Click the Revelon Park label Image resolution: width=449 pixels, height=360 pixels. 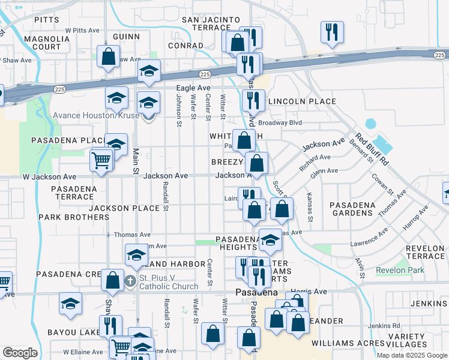coord(400,270)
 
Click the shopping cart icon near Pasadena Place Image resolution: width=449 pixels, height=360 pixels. coord(101,160)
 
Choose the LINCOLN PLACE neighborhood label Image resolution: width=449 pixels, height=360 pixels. coord(302,101)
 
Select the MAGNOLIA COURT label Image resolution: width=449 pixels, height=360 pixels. coord(43,43)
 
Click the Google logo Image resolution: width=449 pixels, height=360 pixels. coord(20,353)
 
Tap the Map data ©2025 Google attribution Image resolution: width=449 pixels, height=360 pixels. coord(412,355)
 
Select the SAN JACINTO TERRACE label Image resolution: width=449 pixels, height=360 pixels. coord(211,24)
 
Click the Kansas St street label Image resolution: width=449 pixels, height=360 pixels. coord(310,206)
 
